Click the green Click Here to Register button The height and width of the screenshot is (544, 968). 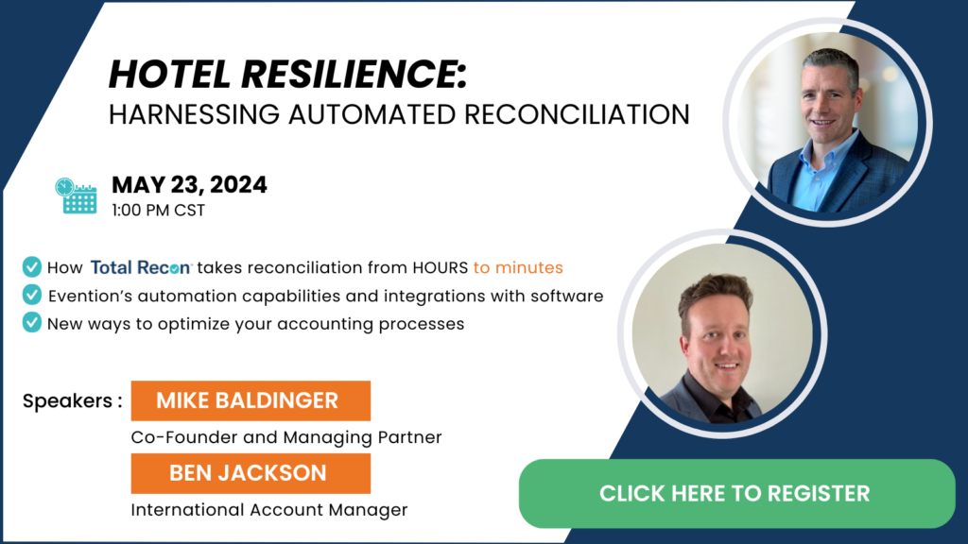point(736,493)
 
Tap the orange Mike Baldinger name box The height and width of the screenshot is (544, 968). point(251,400)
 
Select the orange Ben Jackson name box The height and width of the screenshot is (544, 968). point(251,474)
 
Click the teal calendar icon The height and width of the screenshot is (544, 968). point(76,196)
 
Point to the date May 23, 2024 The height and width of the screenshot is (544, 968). point(189,184)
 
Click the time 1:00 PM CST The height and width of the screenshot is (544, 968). point(158,211)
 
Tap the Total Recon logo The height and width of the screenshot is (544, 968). point(142,267)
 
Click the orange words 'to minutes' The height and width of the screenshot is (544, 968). point(518,267)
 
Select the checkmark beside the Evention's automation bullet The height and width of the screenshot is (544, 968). point(31,295)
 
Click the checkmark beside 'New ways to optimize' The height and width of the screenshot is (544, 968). point(31,323)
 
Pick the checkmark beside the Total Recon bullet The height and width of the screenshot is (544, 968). point(31,267)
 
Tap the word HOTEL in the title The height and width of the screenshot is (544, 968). point(170,74)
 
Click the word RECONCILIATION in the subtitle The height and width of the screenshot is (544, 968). point(577,114)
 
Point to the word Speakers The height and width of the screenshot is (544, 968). point(68,400)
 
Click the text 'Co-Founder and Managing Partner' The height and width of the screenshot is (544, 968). point(286,437)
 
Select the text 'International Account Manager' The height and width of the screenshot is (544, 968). point(269,510)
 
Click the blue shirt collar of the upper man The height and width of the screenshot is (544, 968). point(824,161)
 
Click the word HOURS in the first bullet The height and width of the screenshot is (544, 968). point(441,267)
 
